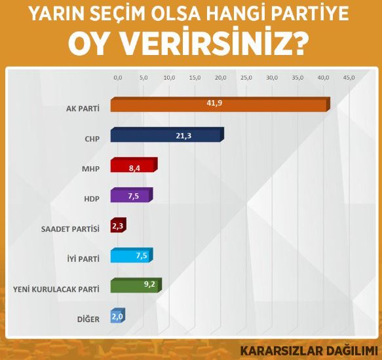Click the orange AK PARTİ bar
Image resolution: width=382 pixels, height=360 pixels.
pyautogui.click(x=220, y=105)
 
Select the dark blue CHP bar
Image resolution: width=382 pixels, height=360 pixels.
pyautogui.click(x=167, y=135)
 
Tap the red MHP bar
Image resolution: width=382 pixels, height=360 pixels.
pyautogui.click(x=134, y=165)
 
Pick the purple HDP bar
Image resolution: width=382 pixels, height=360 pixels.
pyautogui.click(x=132, y=194)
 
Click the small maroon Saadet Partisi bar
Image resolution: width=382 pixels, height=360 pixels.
pyautogui.click(x=119, y=225)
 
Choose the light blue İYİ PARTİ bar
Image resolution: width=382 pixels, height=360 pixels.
pyautogui.click(x=132, y=255)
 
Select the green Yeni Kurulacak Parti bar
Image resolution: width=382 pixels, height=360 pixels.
pyautogui.click(x=136, y=285)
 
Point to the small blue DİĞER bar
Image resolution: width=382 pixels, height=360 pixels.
pyautogui.click(x=118, y=315)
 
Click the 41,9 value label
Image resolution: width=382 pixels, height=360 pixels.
pyautogui.click(x=214, y=103)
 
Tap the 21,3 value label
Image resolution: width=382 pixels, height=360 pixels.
pyautogui.click(x=183, y=136)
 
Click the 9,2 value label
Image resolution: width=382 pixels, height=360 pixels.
pyautogui.click(x=149, y=284)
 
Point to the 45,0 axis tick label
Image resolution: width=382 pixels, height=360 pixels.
pyautogui.click(x=349, y=78)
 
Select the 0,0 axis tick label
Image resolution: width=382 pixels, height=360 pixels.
pyautogui.click(x=118, y=78)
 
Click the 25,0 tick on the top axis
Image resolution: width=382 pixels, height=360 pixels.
pyautogui.click(x=246, y=78)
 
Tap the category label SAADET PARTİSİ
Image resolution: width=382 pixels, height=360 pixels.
pyautogui.click(x=70, y=229)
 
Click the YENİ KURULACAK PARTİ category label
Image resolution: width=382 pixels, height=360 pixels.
pyautogui.click(x=56, y=289)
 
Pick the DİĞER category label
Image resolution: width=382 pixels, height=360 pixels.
pyautogui.click(x=88, y=319)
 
